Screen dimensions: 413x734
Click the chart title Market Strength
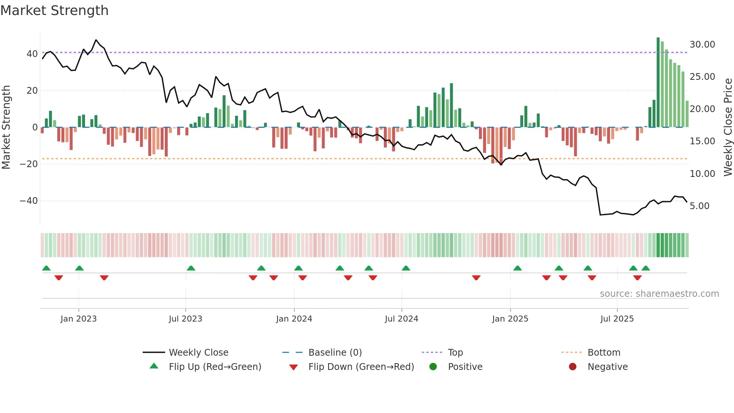54,10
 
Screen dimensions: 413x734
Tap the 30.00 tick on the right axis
702,45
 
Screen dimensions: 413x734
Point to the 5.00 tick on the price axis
699,206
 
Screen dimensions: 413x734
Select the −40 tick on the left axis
29,201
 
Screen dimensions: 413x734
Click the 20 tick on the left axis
32,91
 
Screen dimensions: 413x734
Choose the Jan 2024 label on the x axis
294,319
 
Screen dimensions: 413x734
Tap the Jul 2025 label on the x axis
617,319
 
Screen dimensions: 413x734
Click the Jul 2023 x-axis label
185,319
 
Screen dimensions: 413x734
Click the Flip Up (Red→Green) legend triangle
154,366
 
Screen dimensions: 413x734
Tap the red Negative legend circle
573,367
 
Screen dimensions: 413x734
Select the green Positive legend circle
433,367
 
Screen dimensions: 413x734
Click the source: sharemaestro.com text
659,294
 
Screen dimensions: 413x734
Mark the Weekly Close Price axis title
728,127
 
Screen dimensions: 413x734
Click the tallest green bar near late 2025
658,82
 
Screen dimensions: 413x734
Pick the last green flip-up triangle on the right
646,268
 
